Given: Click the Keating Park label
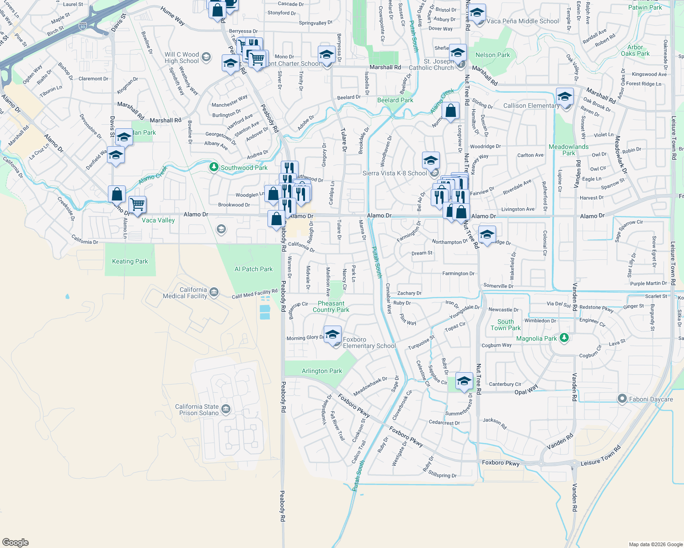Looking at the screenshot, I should point(130,262).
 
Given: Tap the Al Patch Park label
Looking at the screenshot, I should point(253,269).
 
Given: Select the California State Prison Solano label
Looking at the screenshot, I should point(197,410).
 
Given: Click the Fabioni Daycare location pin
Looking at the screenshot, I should point(622,399).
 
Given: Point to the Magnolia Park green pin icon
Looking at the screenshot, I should point(564,338).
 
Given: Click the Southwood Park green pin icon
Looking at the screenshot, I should point(214,167).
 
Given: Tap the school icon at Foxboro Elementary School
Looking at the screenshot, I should point(332,334).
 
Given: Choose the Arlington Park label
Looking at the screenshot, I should point(321,371).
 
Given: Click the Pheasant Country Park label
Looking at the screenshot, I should point(331,306).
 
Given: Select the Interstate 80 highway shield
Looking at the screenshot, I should point(83,26).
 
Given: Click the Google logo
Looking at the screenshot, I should point(16,542).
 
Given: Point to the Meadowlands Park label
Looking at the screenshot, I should point(568,150).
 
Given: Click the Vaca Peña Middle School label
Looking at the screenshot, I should point(523,21).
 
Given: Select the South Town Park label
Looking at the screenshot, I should point(506,325).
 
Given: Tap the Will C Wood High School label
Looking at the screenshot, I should point(182,58).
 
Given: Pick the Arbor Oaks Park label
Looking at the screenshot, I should point(635,50).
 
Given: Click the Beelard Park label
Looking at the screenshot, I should point(395,100).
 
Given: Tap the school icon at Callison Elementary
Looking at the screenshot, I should point(565,97).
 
